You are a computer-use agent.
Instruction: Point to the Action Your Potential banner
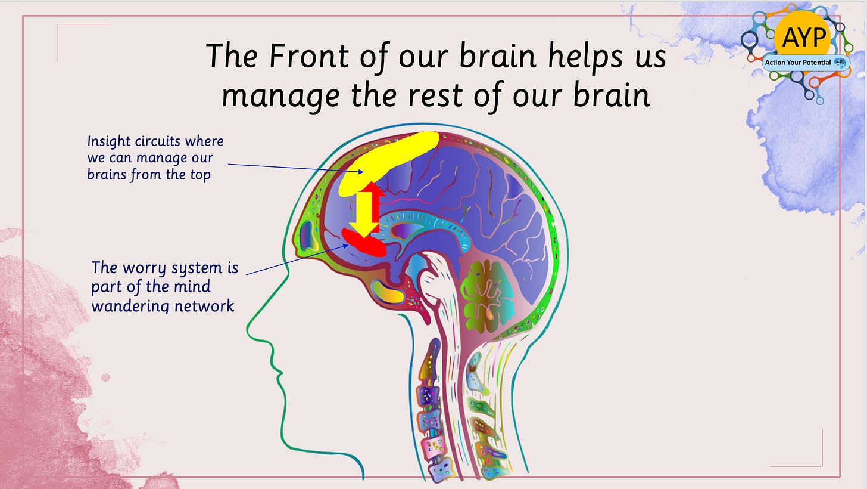(x=806, y=62)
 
